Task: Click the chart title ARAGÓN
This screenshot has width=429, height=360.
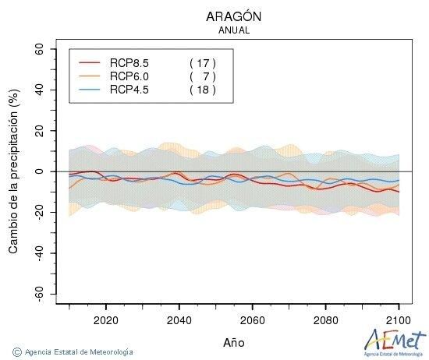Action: [x=234, y=16]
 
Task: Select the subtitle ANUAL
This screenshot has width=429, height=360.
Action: [x=234, y=31]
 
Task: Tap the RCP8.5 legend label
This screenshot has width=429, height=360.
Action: [x=129, y=62]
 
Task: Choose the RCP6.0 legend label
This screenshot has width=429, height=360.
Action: [x=129, y=76]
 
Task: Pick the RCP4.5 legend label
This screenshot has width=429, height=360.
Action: [x=129, y=90]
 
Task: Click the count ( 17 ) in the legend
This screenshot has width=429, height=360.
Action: [x=202, y=62]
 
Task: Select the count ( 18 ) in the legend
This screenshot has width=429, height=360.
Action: [x=202, y=90]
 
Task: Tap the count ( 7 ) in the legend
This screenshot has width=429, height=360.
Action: [x=202, y=76]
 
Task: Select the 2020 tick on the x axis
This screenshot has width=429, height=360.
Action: [x=105, y=319]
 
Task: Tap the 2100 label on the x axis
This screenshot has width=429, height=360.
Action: [x=399, y=319]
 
